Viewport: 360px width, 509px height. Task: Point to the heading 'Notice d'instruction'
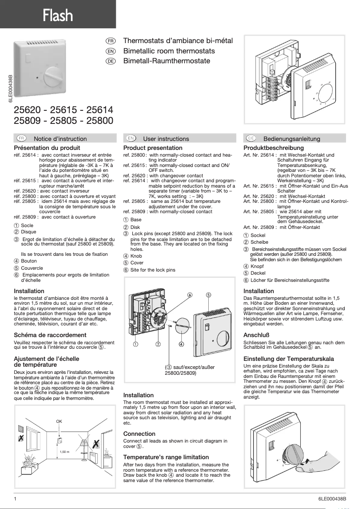tap(60, 139)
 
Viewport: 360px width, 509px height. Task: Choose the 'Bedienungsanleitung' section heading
tap(291, 139)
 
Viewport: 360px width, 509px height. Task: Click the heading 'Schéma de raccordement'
tap(50, 335)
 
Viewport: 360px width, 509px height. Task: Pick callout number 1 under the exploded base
tap(135, 344)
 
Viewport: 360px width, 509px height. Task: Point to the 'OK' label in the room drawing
tap(59, 421)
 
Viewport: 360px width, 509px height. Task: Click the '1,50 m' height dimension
tap(65, 452)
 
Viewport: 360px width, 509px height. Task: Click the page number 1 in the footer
tap(15, 499)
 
